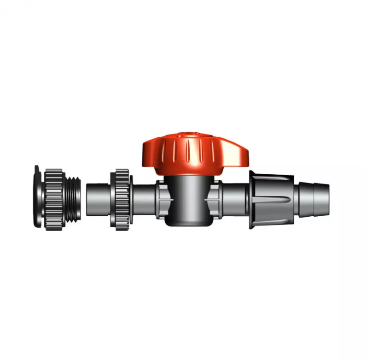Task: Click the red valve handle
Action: [x=193, y=154]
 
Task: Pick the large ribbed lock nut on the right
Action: [x=272, y=200]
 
